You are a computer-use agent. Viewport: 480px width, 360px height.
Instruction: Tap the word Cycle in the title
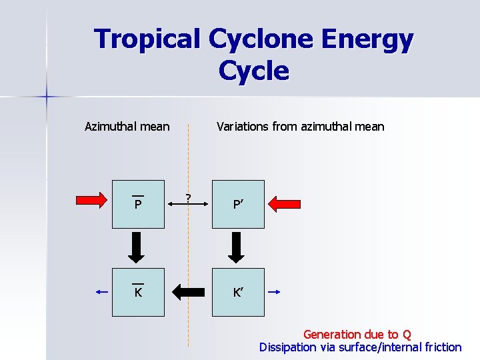[253, 70]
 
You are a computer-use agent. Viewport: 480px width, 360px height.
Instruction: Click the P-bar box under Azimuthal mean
[138, 204]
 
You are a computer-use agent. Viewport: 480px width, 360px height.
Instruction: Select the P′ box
[238, 204]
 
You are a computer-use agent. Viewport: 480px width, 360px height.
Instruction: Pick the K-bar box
[138, 292]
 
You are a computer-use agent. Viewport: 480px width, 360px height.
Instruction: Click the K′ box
[238, 292]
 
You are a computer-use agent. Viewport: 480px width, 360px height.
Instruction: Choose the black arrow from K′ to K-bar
[188, 291]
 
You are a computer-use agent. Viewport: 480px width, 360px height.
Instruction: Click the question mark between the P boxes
[189, 197]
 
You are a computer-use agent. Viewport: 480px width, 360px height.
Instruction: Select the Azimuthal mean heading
[127, 126]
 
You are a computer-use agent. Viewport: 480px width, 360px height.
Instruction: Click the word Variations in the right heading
[243, 126]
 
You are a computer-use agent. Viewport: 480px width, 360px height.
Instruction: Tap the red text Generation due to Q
[357, 334]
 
